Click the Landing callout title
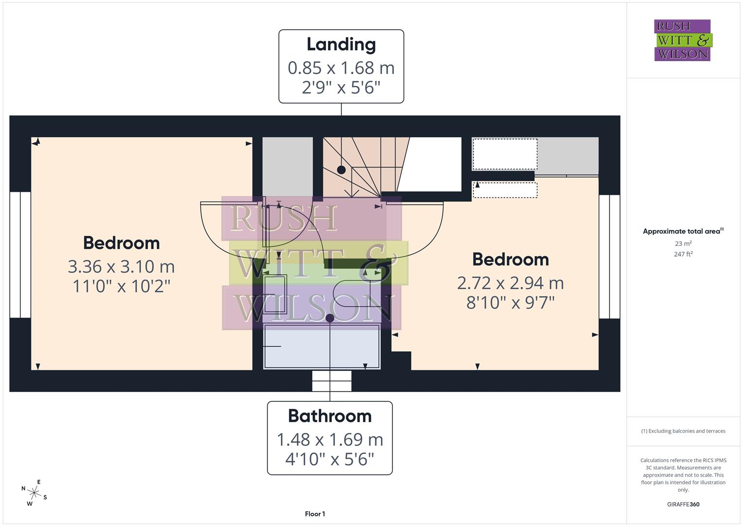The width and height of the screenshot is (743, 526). pyautogui.click(x=341, y=45)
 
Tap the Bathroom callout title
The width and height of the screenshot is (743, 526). pyautogui.click(x=330, y=416)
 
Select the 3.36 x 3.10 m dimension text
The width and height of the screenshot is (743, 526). pyautogui.click(x=121, y=267)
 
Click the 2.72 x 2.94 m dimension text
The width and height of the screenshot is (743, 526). pyautogui.click(x=510, y=283)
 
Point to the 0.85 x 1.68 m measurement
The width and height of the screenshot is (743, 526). pyautogui.click(x=341, y=68)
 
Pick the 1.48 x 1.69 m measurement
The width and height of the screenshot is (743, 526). pyautogui.click(x=330, y=440)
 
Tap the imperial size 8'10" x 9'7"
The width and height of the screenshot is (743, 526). pyautogui.click(x=510, y=303)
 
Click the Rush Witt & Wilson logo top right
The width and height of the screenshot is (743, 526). pyautogui.click(x=682, y=40)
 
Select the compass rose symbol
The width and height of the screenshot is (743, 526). pyautogui.click(x=34, y=493)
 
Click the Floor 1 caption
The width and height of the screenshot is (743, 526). pyautogui.click(x=315, y=514)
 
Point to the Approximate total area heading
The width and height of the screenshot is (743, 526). pyautogui.click(x=683, y=231)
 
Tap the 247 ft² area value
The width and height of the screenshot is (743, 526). pyautogui.click(x=683, y=254)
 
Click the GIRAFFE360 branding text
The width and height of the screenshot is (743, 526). pyautogui.click(x=683, y=505)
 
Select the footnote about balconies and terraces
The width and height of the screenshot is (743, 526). pyautogui.click(x=683, y=431)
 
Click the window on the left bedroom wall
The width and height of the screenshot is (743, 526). pyautogui.click(x=20, y=255)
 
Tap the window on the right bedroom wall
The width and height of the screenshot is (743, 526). pyautogui.click(x=609, y=257)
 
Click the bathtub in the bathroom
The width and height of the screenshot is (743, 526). pyautogui.click(x=322, y=346)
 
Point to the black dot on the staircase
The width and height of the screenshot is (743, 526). pyautogui.click(x=342, y=170)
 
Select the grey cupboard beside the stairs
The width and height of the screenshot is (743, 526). pyautogui.click(x=288, y=167)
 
